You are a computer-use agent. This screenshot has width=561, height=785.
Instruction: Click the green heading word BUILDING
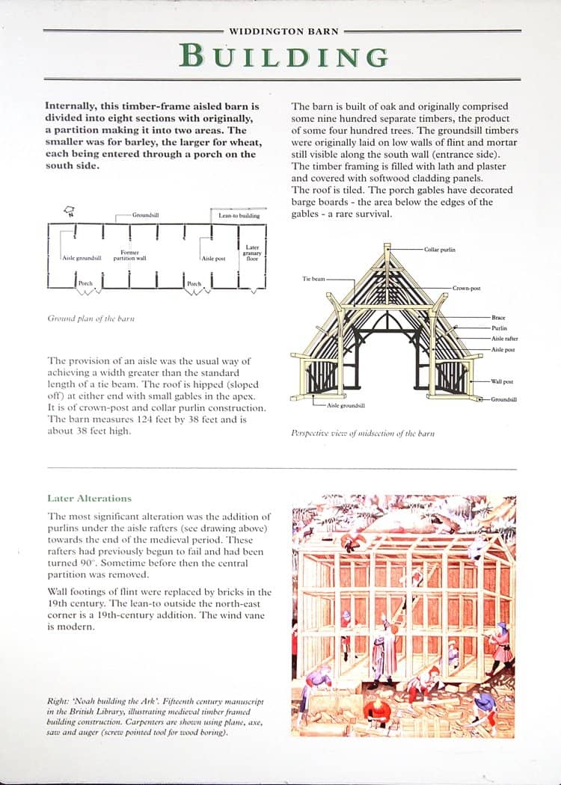pos(284,56)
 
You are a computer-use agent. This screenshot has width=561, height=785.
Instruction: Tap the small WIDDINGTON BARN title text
pos(283,31)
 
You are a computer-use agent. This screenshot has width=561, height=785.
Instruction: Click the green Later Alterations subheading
pos(89,498)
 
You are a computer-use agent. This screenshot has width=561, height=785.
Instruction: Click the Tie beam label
pos(313,279)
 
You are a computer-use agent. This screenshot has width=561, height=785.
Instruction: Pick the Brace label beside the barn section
pos(498,318)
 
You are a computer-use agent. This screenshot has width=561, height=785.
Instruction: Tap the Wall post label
pos(502,381)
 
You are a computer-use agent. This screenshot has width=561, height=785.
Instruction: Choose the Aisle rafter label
pos(505,338)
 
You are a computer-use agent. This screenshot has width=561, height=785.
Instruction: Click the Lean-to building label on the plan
pos(239,215)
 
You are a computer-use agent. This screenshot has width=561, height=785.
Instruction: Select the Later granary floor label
pos(252,253)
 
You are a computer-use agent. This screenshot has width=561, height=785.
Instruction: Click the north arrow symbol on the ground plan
pos(70,212)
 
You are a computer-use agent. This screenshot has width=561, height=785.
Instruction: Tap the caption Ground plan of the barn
pos(91,318)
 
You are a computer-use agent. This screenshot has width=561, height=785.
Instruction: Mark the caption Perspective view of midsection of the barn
pos(363,433)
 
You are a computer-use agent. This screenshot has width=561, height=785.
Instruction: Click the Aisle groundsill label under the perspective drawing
pos(346,405)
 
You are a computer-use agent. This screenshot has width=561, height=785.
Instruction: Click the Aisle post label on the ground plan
pos(214,258)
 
